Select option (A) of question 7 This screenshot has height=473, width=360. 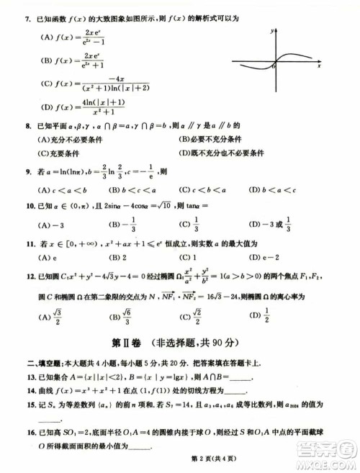click(x=50, y=37)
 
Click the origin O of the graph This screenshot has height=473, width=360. click(x=273, y=66)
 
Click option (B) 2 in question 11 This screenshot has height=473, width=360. click(x=118, y=257)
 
